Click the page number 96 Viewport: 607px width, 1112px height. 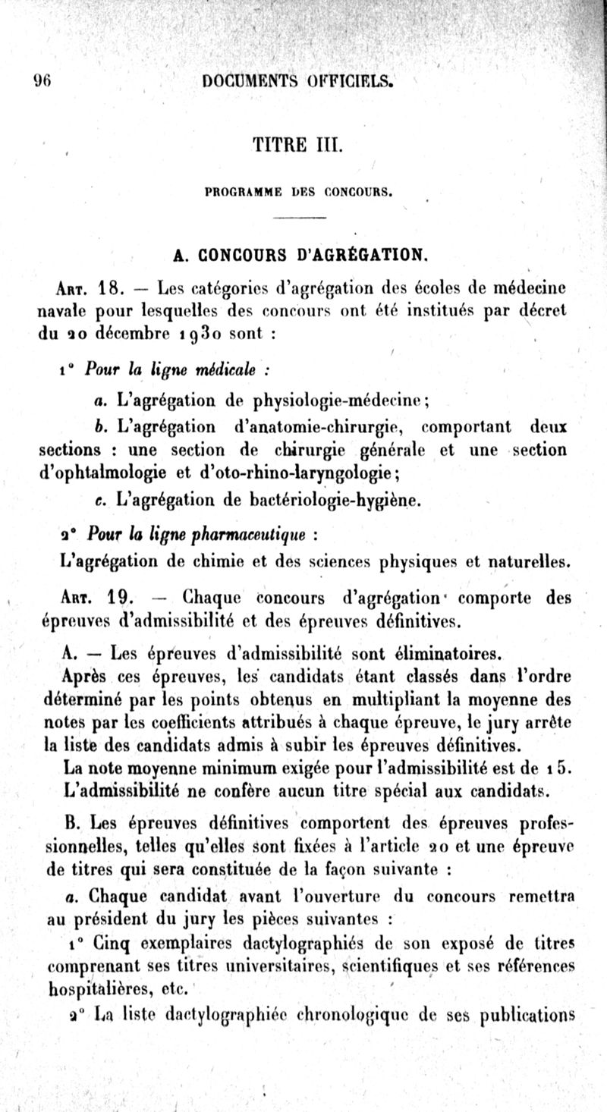pyautogui.click(x=41, y=83)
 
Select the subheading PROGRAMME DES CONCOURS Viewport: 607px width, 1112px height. pyautogui.click(x=298, y=193)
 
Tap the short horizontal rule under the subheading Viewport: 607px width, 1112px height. pyautogui.click(x=298, y=219)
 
